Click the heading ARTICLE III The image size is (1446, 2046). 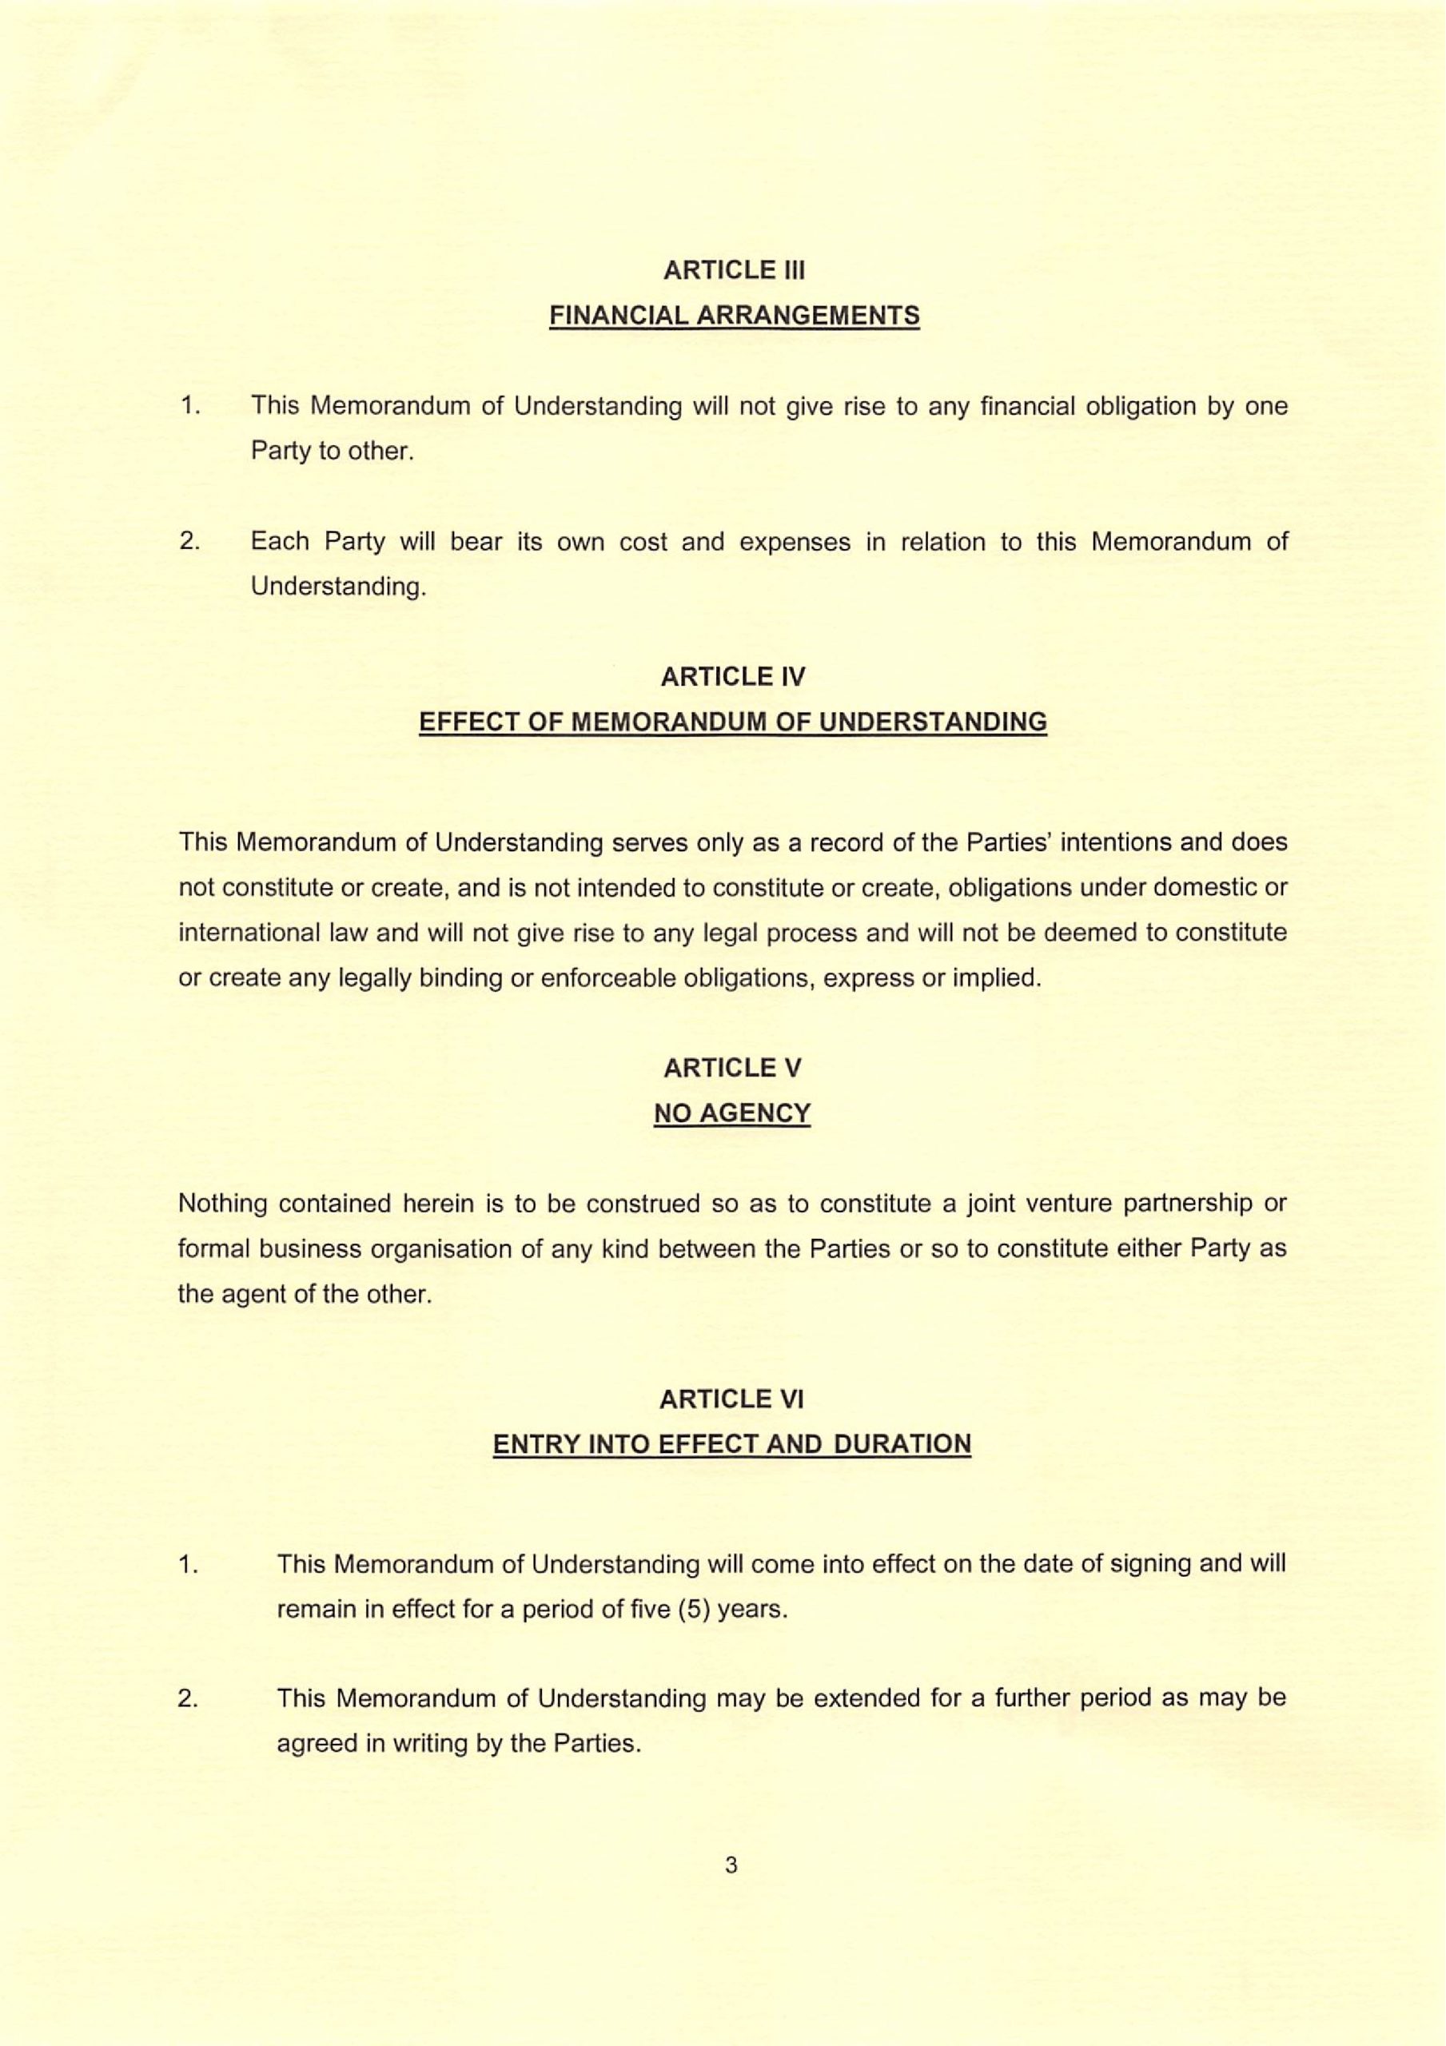(733, 270)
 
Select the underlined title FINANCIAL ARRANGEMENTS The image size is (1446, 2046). (734, 316)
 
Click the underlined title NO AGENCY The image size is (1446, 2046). (732, 1113)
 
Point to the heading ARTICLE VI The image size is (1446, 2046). (731, 1399)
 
